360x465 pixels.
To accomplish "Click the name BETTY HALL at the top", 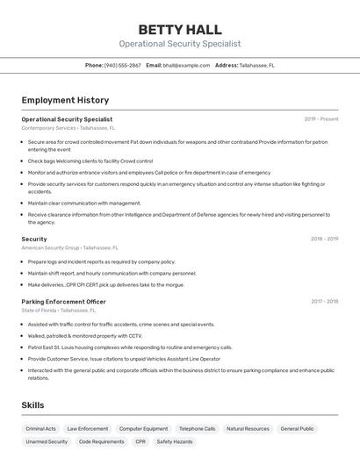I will click(x=180, y=30).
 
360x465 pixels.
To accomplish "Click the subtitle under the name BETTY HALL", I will click(x=180, y=44).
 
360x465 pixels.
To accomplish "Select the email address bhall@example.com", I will click(x=186, y=66).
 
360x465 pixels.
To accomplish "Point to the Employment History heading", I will click(x=65, y=101).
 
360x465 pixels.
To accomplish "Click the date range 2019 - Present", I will click(x=321, y=119).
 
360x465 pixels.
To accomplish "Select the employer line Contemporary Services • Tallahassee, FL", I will click(x=68, y=128).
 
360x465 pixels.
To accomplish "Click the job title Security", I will click(x=34, y=239).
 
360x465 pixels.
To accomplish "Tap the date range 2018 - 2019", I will click(x=324, y=239).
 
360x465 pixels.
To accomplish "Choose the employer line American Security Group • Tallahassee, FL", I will click(x=75, y=247).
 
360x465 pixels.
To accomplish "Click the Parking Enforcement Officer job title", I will click(x=63, y=302).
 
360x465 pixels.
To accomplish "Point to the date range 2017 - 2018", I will click(x=324, y=302).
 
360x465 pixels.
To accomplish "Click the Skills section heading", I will click(x=32, y=405).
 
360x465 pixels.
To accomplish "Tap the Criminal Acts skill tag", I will click(x=41, y=429).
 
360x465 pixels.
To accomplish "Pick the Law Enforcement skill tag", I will click(x=88, y=429).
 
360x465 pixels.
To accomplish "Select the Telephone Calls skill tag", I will click(x=197, y=429).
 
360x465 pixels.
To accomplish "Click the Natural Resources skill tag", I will click(x=248, y=429).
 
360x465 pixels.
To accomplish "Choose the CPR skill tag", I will click(x=140, y=442).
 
